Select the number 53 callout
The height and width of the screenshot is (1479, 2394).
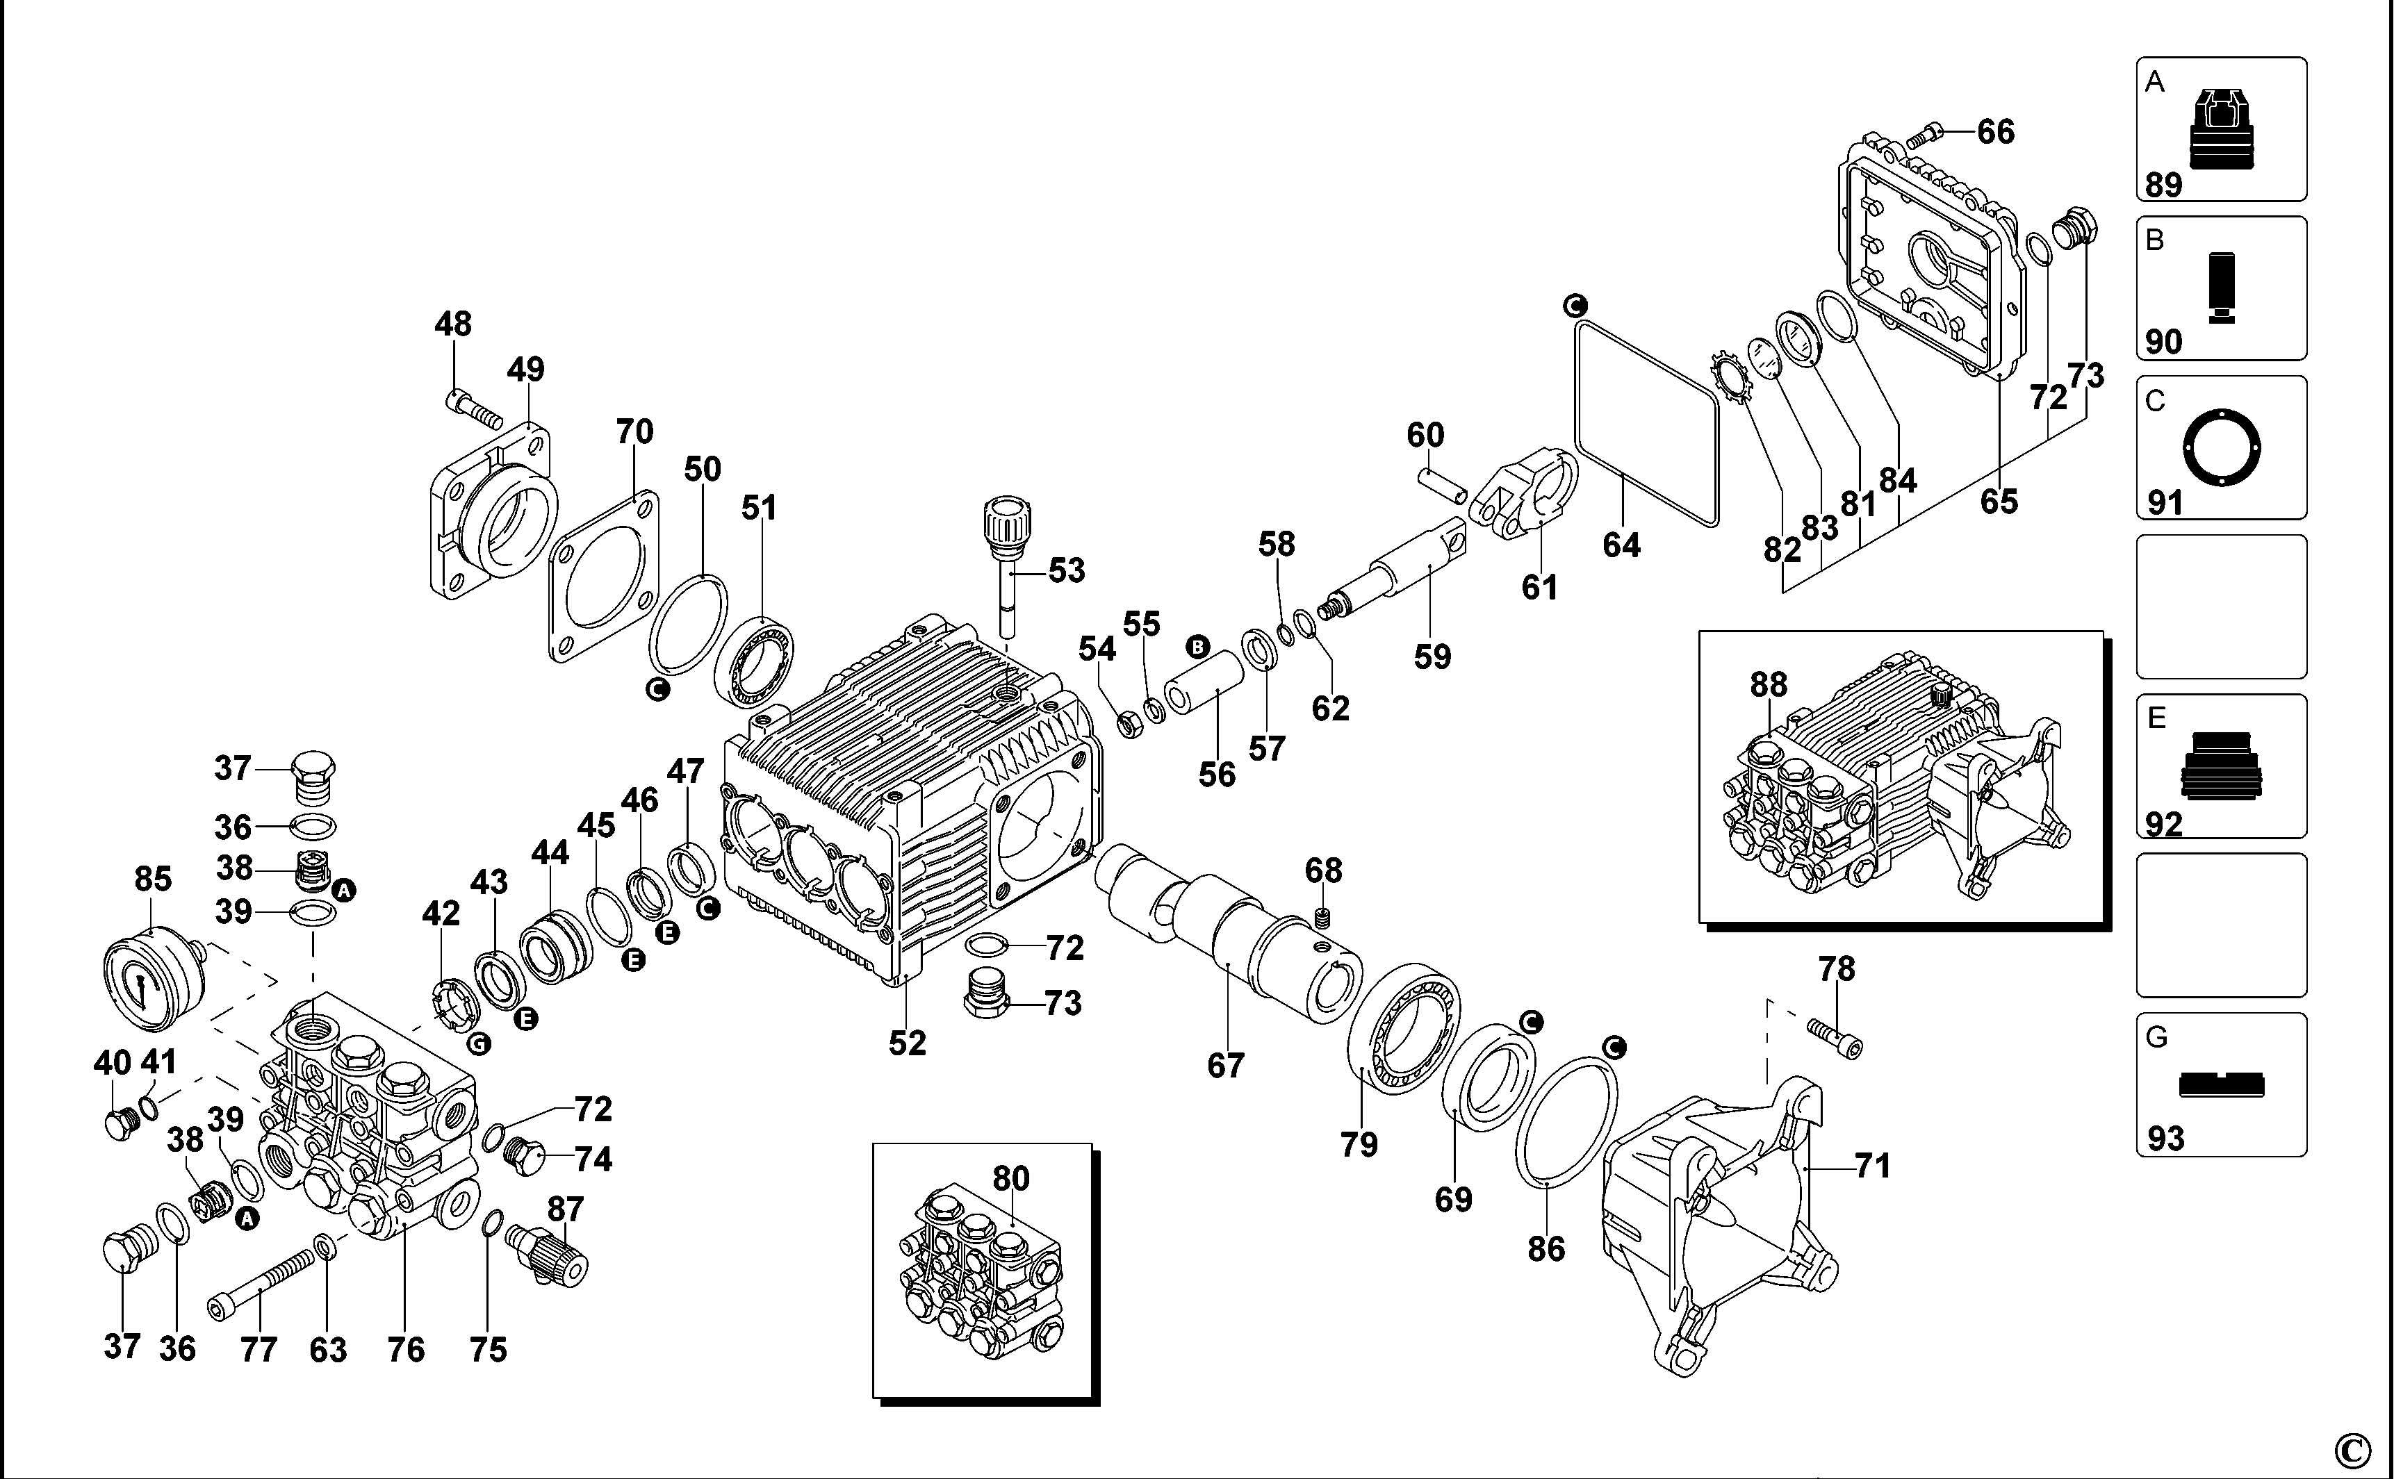point(1067,570)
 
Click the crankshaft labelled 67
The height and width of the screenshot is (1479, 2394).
point(1228,929)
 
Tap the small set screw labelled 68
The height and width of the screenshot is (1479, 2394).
point(1325,918)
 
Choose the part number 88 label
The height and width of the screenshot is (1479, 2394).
point(1769,685)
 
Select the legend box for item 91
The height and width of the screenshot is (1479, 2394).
point(2221,447)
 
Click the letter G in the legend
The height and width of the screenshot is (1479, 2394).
point(2156,1038)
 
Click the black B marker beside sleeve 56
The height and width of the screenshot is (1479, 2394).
point(1197,647)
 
